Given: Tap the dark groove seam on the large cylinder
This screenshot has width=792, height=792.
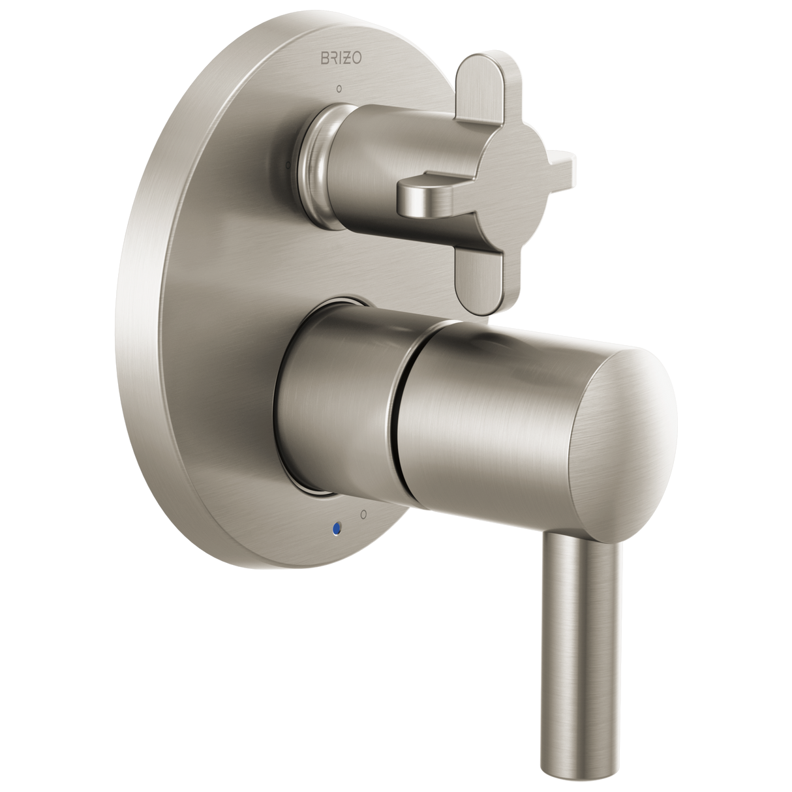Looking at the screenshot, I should click(395, 431).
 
